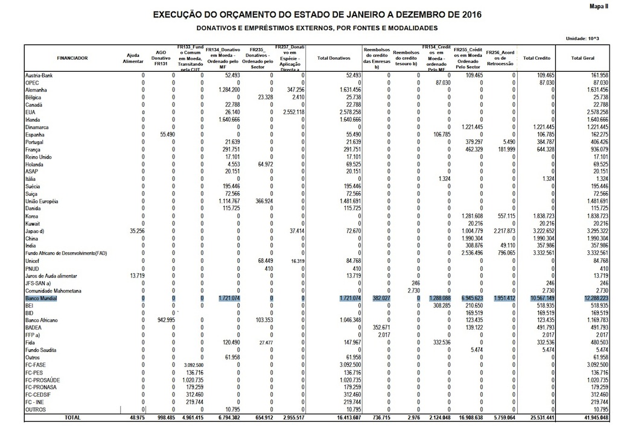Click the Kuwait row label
coord(33,223)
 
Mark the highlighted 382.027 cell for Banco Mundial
coord(375,299)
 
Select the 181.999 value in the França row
coord(504,149)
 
